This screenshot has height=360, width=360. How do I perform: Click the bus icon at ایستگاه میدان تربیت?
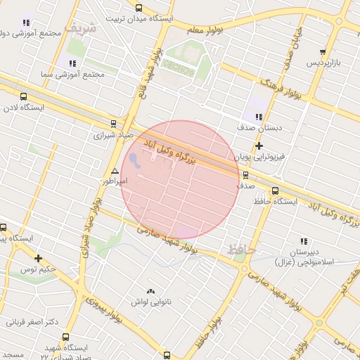[x=139, y=8]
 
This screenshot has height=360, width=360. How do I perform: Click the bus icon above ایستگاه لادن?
[x=24, y=97]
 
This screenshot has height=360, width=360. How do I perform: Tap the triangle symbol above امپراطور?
[x=115, y=171]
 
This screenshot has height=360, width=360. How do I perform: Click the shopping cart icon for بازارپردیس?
[x=323, y=52]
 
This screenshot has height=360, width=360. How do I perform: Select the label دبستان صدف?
[x=258, y=128]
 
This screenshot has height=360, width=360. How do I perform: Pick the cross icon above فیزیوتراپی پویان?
[x=259, y=146]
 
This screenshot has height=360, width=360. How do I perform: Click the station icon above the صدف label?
[x=245, y=175]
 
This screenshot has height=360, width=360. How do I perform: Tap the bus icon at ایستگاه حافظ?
[x=274, y=190]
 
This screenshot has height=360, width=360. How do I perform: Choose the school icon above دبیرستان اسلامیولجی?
[x=304, y=240]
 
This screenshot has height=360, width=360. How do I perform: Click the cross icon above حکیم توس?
[x=38, y=258]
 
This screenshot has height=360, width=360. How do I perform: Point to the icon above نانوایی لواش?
[x=149, y=291]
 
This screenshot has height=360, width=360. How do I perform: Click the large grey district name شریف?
[x=79, y=27]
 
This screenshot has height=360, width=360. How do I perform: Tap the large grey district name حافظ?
[x=240, y=248]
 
